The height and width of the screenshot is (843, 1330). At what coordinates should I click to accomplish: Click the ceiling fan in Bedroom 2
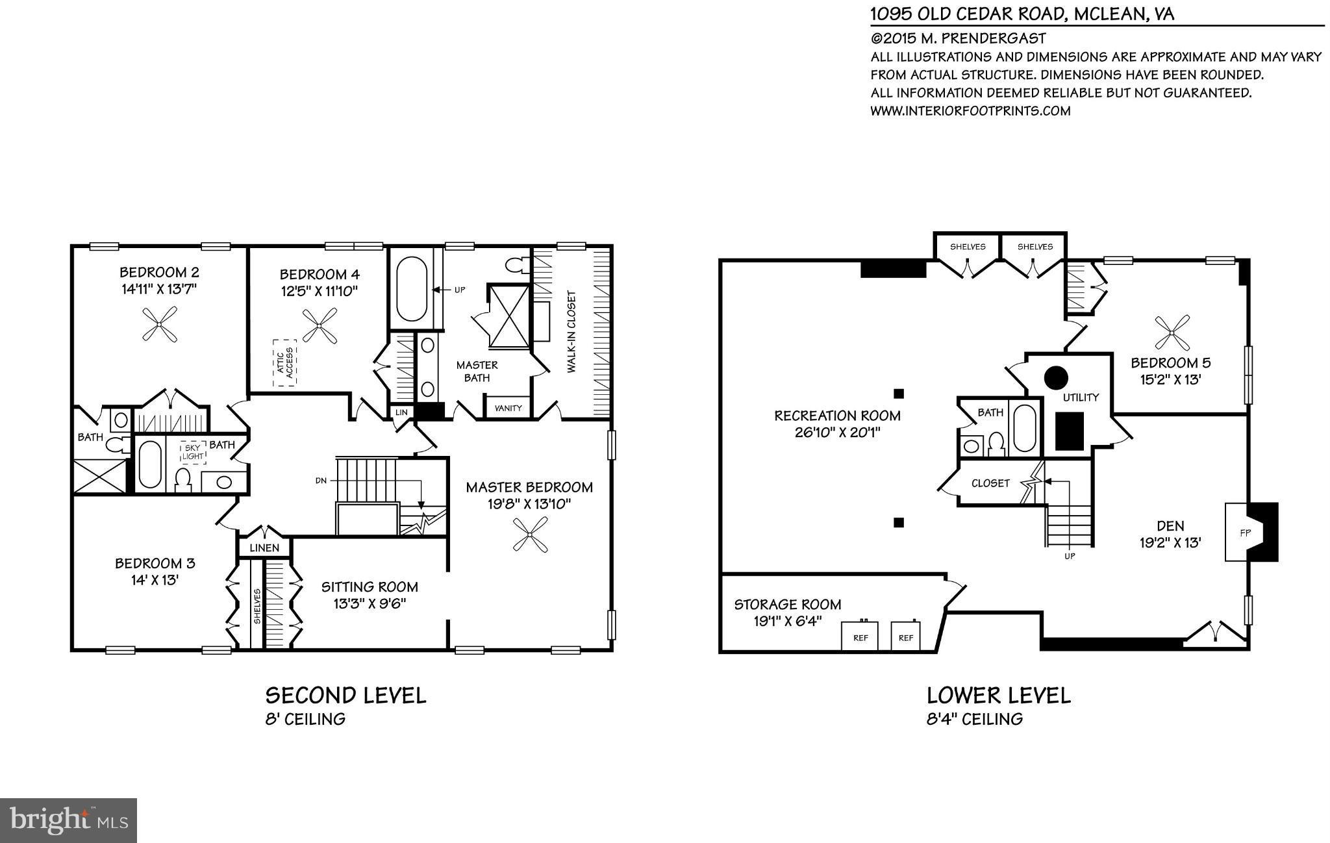pyautogui.click(x=159, y=324)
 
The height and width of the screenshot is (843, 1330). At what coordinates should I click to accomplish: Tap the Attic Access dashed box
pyautogui.click(x=284, y=362)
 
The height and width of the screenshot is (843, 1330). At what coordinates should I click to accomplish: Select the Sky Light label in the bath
pyautogui.click(x=194, y=452)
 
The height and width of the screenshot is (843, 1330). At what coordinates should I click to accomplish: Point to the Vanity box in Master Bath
pyautogui.click(x=508, y=408)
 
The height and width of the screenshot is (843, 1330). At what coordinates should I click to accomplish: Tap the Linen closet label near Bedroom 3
pyautogui.click(x=264, y=547)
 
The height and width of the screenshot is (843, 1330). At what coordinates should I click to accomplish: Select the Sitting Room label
pyautogui.click(x=370, y=587)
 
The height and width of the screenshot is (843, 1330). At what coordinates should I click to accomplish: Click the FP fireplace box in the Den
pyautogui.click(x=1244, y=532)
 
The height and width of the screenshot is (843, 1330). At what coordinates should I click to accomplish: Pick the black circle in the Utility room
pyautogui.click(x=1056, y=377)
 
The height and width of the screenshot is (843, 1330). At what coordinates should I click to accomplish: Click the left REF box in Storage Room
pyautogui.click(x=860, y=636)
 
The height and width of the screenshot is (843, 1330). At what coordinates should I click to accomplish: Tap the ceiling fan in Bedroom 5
pyautogui.click(x=1172, y=333)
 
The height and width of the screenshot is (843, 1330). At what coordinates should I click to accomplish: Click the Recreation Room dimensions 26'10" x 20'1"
pyautogui.click(x=837, y=433)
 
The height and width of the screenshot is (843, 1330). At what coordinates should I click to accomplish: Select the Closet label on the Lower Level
pyautogui.click(x=990, y=483)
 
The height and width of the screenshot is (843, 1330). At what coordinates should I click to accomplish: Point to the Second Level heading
pyautogui.click(x=345, y=696)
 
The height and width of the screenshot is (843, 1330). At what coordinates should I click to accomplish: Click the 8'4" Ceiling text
pyautogui.click(x=975, y=719)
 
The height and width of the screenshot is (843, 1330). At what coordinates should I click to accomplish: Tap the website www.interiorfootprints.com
pyautogui.click(x=970, y=110)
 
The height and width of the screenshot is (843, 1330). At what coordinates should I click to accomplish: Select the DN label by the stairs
pyautogui.click(x=321, y=481)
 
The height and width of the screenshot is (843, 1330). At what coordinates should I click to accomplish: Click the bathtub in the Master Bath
pyautogui.click(x=412, y=289)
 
